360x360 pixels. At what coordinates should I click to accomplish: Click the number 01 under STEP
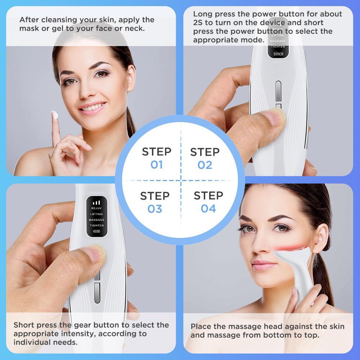tap(157, 165)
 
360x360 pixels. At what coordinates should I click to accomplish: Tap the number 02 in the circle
tap(205, 165)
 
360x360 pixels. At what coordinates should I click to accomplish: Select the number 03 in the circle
tap(155, 209)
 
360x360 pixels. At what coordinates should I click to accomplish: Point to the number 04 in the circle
tap(208, 208)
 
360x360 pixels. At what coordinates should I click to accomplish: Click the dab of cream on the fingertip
tap(55, 115)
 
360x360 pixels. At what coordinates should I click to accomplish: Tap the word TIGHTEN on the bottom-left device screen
tap(96, 226)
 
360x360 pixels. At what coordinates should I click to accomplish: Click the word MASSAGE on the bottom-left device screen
tap(96, 220)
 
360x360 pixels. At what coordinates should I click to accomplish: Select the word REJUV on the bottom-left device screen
tap(96, 208)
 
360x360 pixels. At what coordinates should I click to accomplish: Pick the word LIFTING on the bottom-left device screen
tap(96, 214)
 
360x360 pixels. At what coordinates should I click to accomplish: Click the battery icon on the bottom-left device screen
tap(96, 231)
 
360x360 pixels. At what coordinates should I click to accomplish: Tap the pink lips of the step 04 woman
tap(264, 265)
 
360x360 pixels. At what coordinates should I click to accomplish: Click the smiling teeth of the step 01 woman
tap(93, 107)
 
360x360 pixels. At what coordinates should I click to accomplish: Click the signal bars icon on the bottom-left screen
tap(96, 203)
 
